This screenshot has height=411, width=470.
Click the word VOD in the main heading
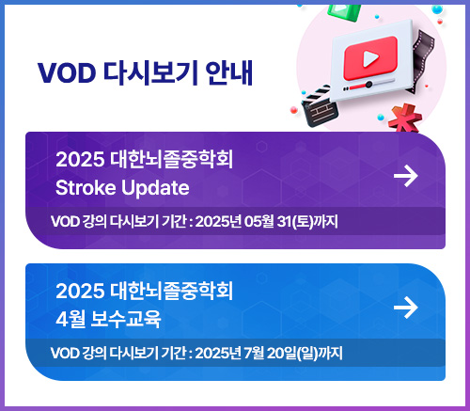pyautogui.click(x=67, y=72)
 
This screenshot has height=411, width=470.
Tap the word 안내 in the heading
pyautogui.click(x=229, y=72)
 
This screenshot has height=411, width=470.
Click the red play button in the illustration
pyautogui.click(x=370, y=58)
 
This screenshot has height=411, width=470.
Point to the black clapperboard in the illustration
pyautogui.click(x=320, y=106)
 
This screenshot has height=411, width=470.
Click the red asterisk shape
pyautogui.click(x=405, y=119)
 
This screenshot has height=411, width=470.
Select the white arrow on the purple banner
pyautogui.click(x=406, y=176)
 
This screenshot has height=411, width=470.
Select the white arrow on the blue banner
pyautogui.click(x=406, y=308)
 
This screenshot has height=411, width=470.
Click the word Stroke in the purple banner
pyautogui.click(x=86, y=188)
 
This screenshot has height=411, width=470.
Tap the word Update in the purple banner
pyautogui.click(x=155, y=189)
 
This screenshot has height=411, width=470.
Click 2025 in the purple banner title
pyautogui.click(x=80, y=159)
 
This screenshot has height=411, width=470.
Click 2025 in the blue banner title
pyautogui.click(x=80, y=291)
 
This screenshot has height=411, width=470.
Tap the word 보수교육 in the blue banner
pyautogui.click(x=126, y=319)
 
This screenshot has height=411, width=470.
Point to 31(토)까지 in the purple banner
pyautogui.click(x=307, y=221)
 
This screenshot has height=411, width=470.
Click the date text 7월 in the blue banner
pyautogui.click(x=254, y=353)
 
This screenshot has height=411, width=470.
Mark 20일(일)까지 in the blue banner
pyautogui.click(x=305, y=354)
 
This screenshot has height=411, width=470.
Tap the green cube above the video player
pyautogui.click(x=343, y=12)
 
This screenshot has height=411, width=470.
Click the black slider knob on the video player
pyautogui.click(x=368, y=84)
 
